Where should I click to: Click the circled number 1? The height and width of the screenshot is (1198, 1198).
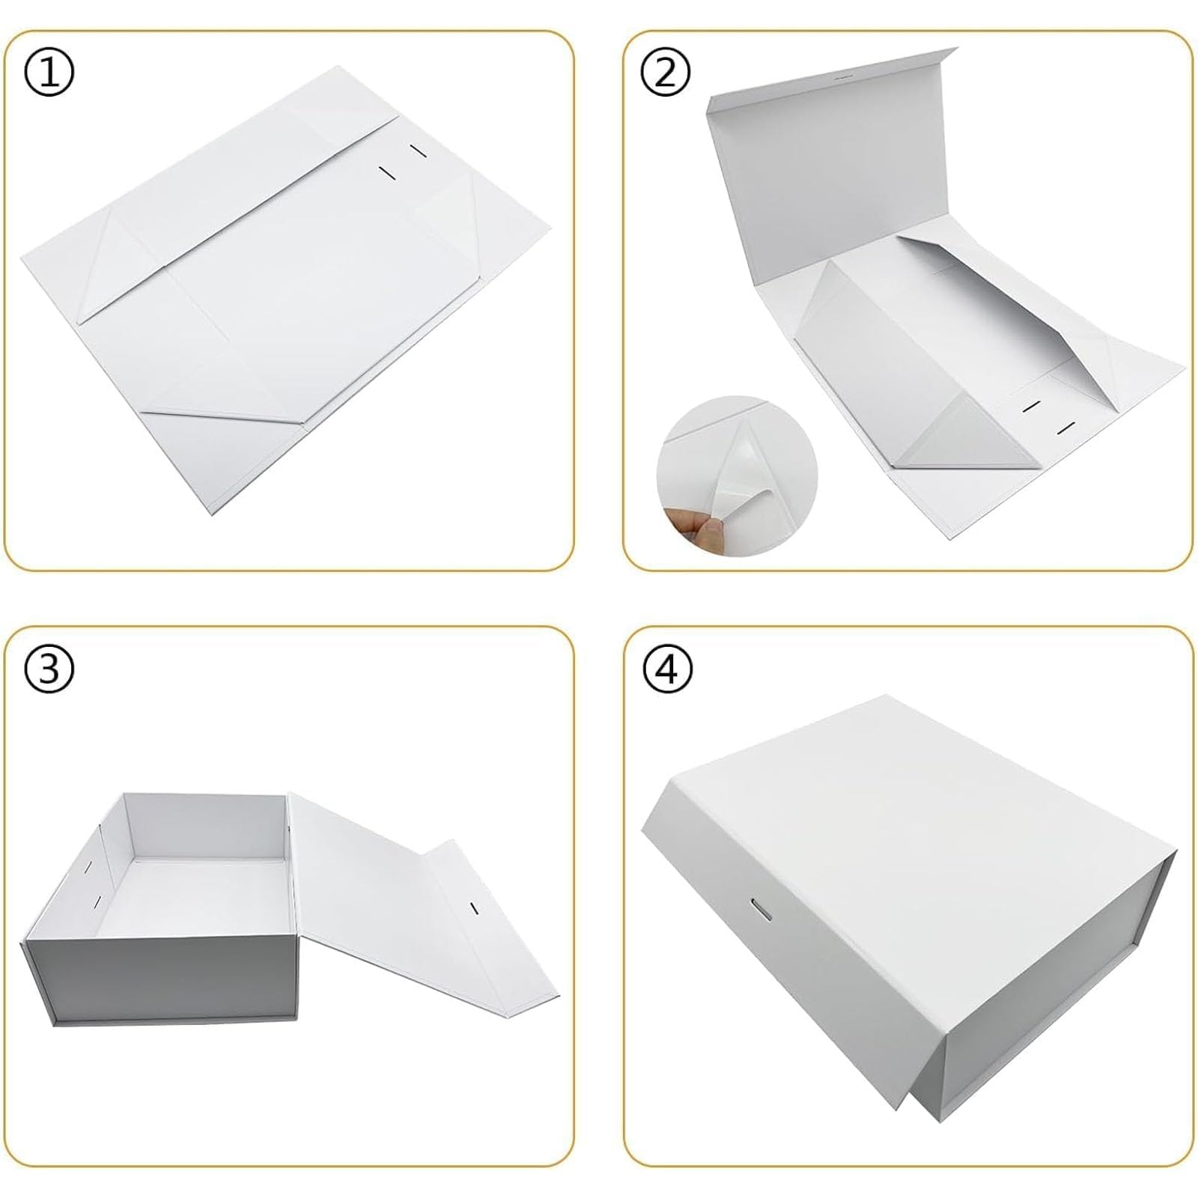pyautogui.click(x=49, y=73)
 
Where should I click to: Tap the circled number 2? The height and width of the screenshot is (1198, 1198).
pyautogui.click(x=665, y=73)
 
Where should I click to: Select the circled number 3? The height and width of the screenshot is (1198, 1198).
pyautogui.click(x=49, y=669)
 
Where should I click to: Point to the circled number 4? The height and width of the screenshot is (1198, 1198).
pyautogui.click(x=666, y=669)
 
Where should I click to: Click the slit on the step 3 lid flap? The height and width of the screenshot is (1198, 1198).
pyautogui.click(x=472, y=909)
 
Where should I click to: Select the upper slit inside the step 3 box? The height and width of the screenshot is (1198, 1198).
pyautogui.click(x=88, y=867)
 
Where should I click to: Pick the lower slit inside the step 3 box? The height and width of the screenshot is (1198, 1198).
pyautogui.click(x=97, y=902)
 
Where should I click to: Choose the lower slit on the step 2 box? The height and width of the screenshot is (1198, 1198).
pyautogui.click(x=1066, y=430)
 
